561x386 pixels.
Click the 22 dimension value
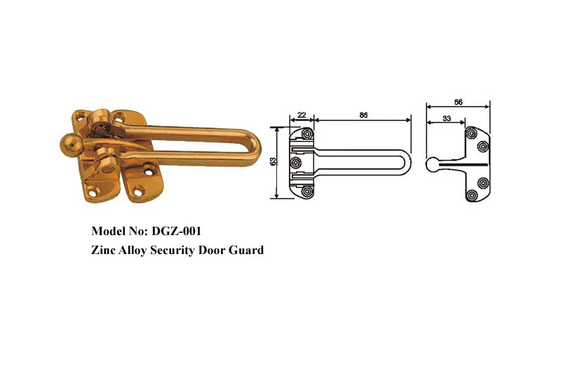click(302, 115)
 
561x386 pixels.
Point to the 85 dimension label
click(363, 115)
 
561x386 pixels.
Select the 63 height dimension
click(273, 163)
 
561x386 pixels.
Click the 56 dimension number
click(458, 102)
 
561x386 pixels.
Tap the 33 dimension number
click(447, 119)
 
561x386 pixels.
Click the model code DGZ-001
click(177, 230)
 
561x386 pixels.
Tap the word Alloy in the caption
click(135, 249)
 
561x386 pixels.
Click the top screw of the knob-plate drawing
click(472, 132)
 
